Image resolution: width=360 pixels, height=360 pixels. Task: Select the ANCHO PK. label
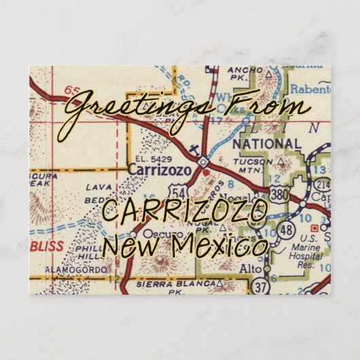pos(246,75)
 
